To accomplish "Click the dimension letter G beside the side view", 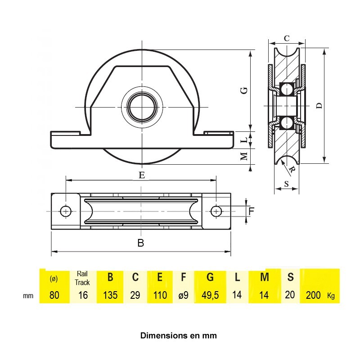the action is click(245, 90).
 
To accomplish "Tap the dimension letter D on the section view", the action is click(319, 106).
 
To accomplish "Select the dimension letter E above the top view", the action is click(142, 175).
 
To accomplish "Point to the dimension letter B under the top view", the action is click(141, 243).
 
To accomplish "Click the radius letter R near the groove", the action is click(292, 170).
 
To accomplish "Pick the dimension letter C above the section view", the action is click(287, 38).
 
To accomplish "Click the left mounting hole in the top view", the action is click(66, 211).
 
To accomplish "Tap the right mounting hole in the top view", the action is click(216, 211).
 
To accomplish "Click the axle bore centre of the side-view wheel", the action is click(142, 107).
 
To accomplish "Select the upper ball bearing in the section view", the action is click(287, 89).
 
